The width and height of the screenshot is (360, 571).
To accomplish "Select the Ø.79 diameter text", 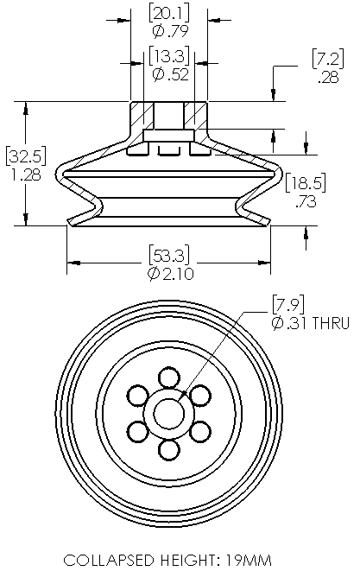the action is [170, 31].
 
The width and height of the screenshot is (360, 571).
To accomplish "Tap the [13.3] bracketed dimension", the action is [169, 56].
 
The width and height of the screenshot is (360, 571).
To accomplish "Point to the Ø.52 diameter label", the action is [170, 74].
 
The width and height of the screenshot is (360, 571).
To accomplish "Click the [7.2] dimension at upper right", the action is [327, 59].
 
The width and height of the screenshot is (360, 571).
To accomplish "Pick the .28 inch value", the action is [328, 77].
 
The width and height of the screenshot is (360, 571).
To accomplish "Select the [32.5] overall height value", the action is [26, 156].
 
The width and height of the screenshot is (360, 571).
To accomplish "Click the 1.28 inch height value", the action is [26, 174].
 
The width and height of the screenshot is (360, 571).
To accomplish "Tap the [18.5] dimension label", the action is [306, 182].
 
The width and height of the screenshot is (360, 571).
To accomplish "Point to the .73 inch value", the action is [306, 201].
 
